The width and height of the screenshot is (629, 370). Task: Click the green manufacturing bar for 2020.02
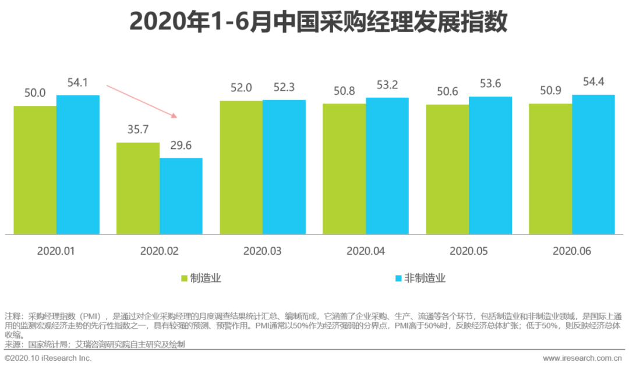pyautogui.click(x=138, y=188)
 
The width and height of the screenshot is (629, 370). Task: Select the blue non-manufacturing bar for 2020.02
pyautogui.click(x=181, y=195)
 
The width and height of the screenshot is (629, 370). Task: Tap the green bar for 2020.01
pyautogui.click(x=35, y=170)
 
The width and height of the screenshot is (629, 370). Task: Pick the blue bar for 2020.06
pyautogui.click(x=593, y=164)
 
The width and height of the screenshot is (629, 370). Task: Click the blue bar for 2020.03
pyautogui.click(x=284, y=167)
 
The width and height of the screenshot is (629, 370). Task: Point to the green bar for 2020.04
pyautogui.click(x=344, y=169)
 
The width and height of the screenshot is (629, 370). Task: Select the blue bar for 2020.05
pyautogui.click(x=490, y=165)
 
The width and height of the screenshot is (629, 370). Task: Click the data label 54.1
pyautogui.click(x=78, y=83)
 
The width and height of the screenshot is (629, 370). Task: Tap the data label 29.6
pyautogui.click(x=181, y=145)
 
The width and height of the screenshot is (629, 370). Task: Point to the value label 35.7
pyautogui.click(x=138, y=130)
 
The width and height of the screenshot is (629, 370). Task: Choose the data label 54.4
pyautogui.click(x=593, y=82)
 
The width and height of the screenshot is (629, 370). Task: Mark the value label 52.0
pyautogui.click(x=241, y=88)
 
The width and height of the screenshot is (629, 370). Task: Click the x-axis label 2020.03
pyautogui.click(x=262, y=251)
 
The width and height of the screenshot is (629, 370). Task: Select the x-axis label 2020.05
pyautogui.click(x=468, y=251)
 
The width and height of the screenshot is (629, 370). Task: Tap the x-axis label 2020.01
pyautogui.click(x=56, y=251)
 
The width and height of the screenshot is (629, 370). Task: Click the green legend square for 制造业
pyautogui.click(x=185, y=278)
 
